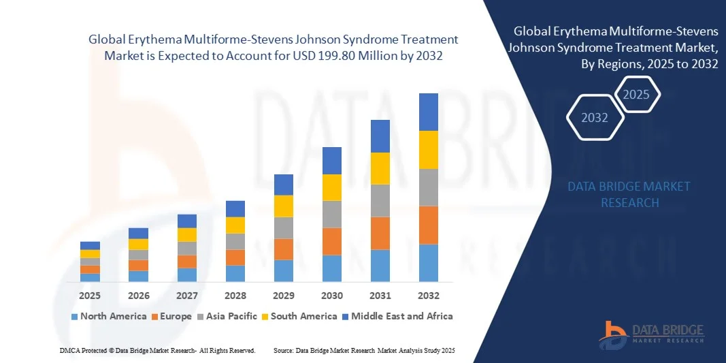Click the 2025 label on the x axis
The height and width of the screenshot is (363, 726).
[x=90, y=296]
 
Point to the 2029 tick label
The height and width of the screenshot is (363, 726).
[x=284, y=296]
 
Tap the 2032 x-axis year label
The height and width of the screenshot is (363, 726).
[x=429, y=296]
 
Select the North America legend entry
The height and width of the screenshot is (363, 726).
[x=109, y=316]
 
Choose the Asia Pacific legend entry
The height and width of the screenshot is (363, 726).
[x=231, y=316]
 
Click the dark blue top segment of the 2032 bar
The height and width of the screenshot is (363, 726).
[x=429, y=112]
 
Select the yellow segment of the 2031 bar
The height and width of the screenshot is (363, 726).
[x=380, y=168]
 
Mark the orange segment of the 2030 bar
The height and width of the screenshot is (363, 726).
[x=332, y=241]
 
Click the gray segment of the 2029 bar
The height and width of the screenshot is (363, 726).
[x=284, y=227]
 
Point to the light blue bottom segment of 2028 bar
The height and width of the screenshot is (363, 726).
[x=235, y=273]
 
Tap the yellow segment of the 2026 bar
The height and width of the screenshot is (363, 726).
[x=138, y=244]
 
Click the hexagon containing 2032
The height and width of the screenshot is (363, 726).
[x=595, y=118]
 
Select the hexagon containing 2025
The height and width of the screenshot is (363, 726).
[x=637, y=95]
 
